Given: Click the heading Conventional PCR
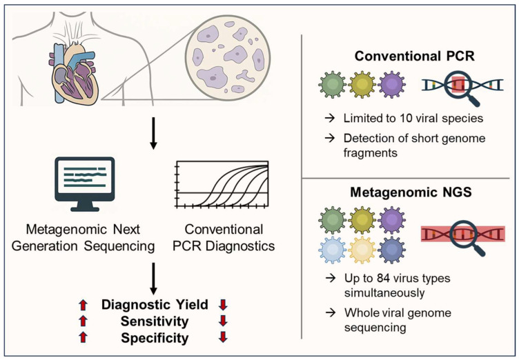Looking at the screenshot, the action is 414,56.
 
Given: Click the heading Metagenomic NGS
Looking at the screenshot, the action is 411,192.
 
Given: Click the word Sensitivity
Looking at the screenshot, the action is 155,321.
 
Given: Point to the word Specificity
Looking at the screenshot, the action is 155,338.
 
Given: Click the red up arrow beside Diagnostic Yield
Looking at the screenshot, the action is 83,305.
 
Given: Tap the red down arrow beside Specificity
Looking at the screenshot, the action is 223,337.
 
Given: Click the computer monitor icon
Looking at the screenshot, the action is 85,184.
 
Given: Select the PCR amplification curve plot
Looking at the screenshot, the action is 222,184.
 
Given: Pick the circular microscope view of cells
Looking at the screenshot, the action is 228,57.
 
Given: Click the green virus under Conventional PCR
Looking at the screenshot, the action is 333,84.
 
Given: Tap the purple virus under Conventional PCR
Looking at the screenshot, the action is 392,84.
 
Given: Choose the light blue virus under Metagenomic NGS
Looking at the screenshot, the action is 333,250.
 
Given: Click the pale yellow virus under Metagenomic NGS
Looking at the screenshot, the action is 362,250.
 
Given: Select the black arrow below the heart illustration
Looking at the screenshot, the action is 153,133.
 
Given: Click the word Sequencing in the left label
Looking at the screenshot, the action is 119,246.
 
